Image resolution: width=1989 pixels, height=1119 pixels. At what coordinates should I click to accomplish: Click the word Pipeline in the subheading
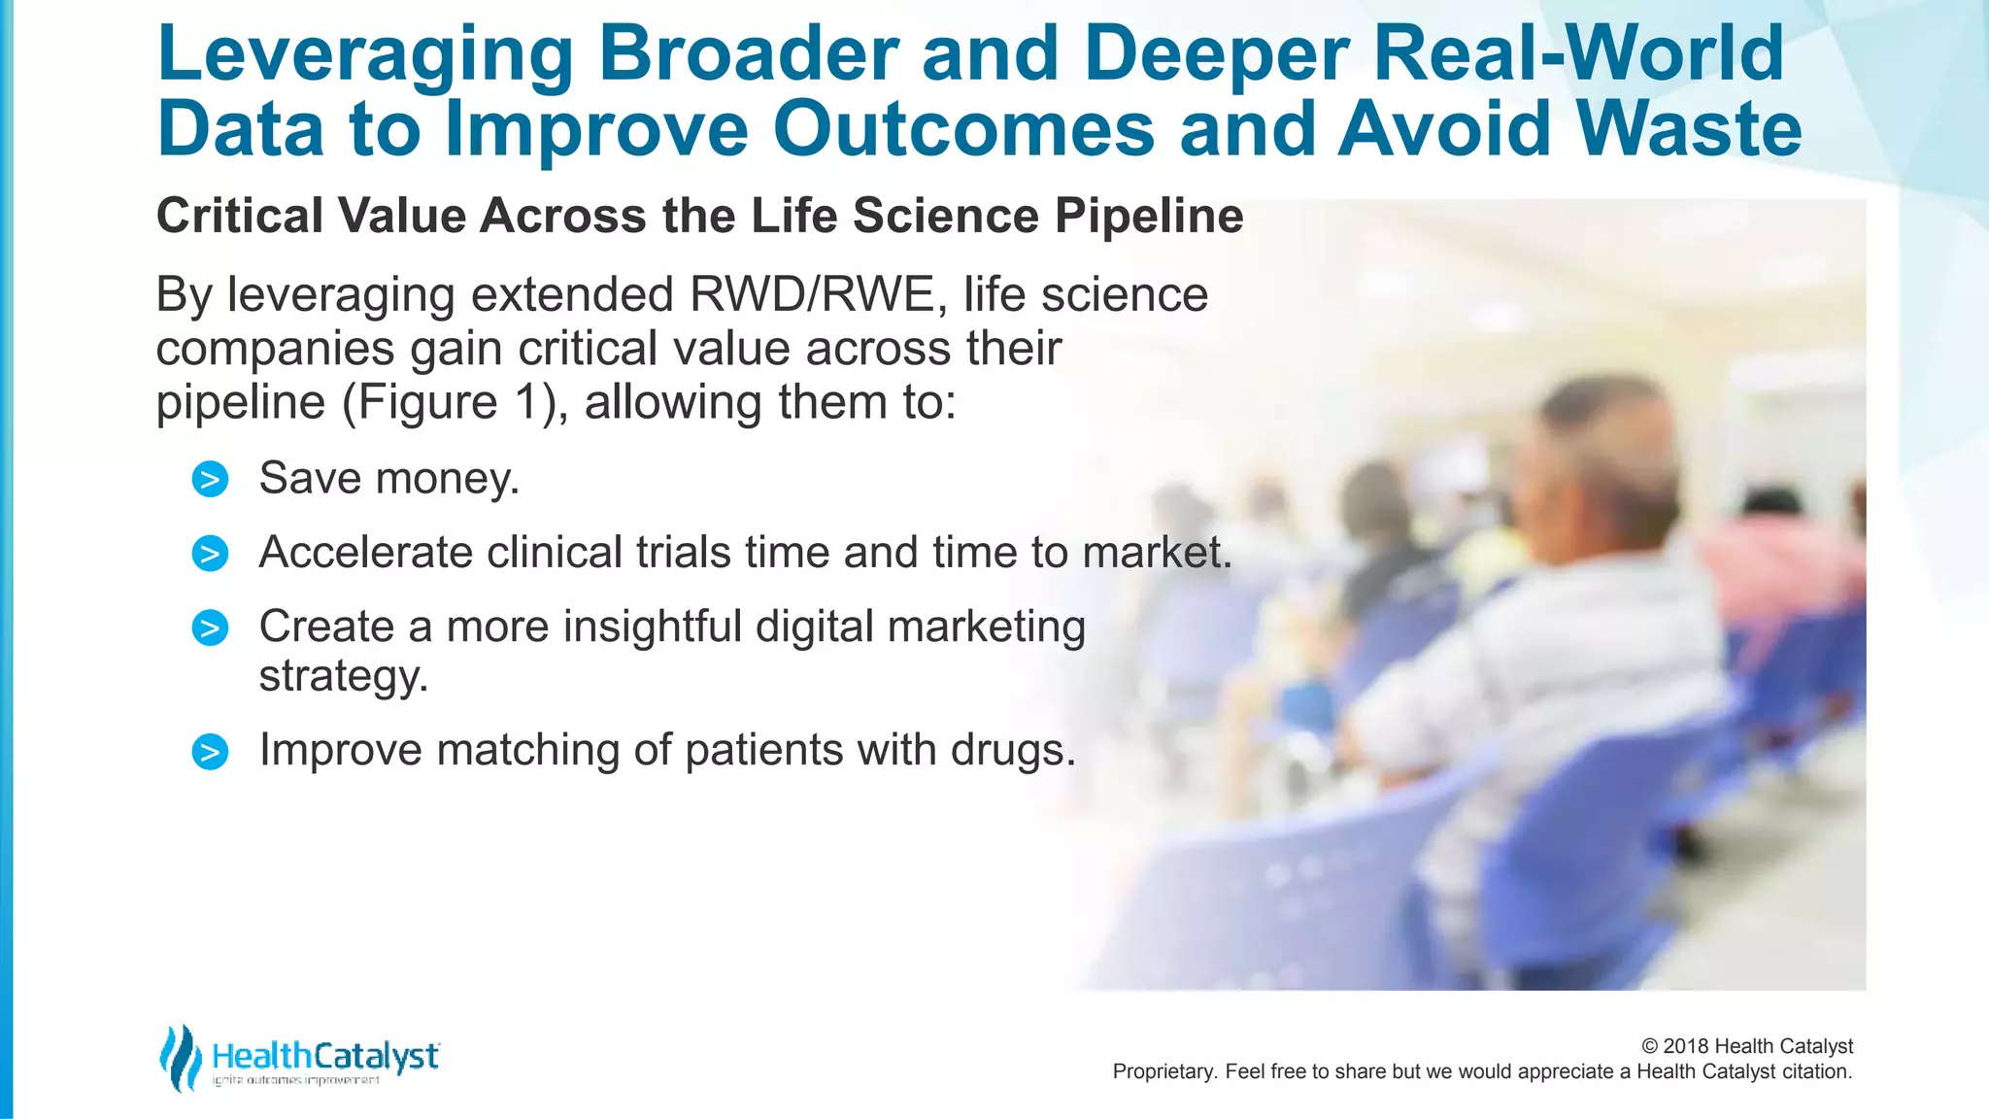coord(1148,216)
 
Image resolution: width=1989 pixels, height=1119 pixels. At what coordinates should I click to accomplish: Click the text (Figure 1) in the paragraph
coord(455,402)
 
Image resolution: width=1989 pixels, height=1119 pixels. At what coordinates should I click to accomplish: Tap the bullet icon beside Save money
coord(210,480)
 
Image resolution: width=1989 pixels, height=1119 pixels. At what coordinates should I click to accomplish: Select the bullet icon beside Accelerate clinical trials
coord(210,554)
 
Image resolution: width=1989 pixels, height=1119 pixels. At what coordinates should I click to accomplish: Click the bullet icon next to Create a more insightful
coord(210,627)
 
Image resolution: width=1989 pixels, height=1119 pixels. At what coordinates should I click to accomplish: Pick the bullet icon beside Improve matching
coord(210,752)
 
